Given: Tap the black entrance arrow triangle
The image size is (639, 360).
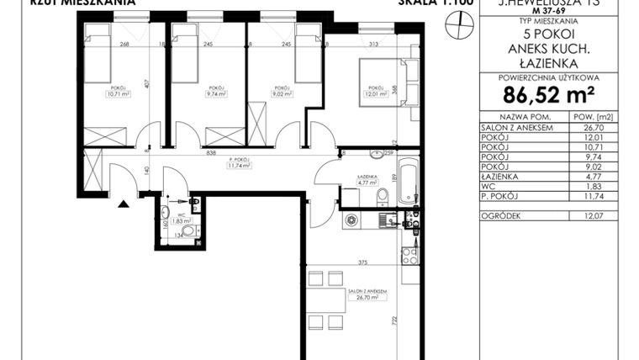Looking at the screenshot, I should point(124,203).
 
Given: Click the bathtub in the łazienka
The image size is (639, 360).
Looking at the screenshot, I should point(408,177).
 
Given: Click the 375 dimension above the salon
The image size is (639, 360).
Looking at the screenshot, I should point(362,262).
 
